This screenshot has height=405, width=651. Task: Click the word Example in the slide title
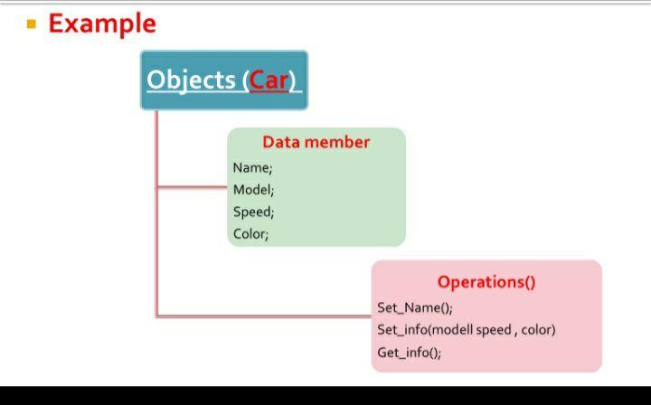pyautogui.click(x=101, y=24)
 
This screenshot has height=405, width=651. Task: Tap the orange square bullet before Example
pyautogui.click(x=32, y=24)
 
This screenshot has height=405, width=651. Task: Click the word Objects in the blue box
pyautogui.click(x=191, y=80)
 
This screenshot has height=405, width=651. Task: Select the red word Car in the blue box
pyautogui.click(x=269, y=80)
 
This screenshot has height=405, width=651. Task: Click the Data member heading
pyautogui.click(x=316, y=142)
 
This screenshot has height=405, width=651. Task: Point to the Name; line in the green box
pyautogui.click(x=252, y=167)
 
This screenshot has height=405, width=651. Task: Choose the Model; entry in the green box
pyautogui.click(x=253, y=190)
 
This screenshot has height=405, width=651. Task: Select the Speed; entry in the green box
pyautogui.click(x=253, y=212)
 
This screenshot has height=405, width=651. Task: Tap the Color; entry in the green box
pyautogui.click(x=250, y=233)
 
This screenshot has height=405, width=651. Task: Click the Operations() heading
pyautogui.click(x=486, y=281)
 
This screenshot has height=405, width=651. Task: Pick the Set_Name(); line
pyautogui.click(x=414, y=307)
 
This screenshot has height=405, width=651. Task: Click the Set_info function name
pyautogui.click(x=401, y=330)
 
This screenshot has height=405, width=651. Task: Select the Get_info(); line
pyautogui.click(x=409, y=353)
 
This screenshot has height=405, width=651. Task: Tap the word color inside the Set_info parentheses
pyautogui.click(x=537, y=330)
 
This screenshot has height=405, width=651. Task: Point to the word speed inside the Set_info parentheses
pyautogui.click(x=494, y=330)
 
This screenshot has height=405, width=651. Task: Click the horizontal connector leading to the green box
pyautogui.click(x=192, y=188)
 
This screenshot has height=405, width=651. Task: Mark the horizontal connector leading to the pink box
pyautogui.click(x=262, y=316)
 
